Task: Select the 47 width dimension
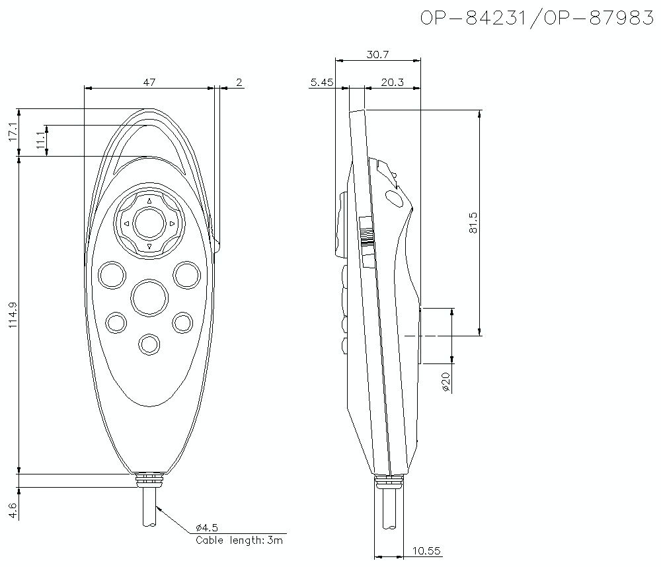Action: [x=149, y=82]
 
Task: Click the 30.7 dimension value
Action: [x=377, y=56]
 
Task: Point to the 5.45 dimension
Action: [x=322, y=82]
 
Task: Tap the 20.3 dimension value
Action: [x=392, y=82]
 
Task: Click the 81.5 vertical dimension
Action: [x=472, y=223]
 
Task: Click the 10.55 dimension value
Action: [x=427, y=551]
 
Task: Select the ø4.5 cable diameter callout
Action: [x=207, y=527]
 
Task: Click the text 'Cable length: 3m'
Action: [x=239, y=540]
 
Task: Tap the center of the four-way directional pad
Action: [x=149, y=223]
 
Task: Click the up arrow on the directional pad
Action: [x=149, y=201]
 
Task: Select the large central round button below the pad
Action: [x=149, y=297]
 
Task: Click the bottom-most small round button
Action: [x=149, y=344]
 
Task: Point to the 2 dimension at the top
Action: [x=239, y=82]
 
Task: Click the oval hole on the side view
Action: [x=393, y=198]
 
